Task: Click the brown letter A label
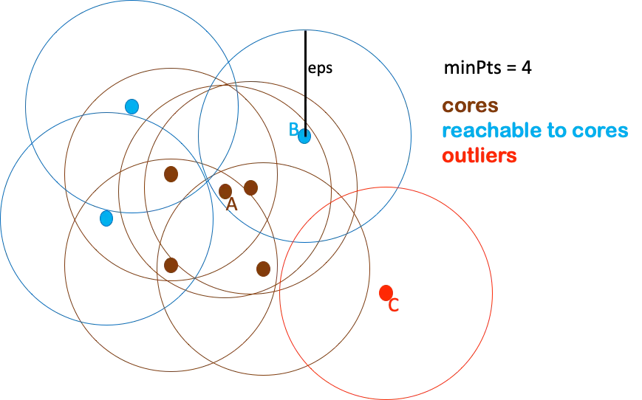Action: tap(232, 204)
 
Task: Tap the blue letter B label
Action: tap(293, 129)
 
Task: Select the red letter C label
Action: tap(394, 305)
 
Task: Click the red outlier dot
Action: tap(386, 293)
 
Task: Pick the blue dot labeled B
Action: tap(304, 136)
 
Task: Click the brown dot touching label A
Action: tap(225, 191)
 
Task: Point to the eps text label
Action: tap(320, 68)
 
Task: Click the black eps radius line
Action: tap(305, 83)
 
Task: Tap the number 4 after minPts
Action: tap(526, 67)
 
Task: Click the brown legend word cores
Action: tap(470, 106)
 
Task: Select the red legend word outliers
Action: tap(479, 156)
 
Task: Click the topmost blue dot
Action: tap(132, 106)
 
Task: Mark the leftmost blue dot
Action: tap(106, 218)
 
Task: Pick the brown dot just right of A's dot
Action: tap(250, 187)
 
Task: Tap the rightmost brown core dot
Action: tap(263, 269)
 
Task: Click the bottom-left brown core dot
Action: tap(171, 265)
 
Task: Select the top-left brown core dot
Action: tap(171, 174)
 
